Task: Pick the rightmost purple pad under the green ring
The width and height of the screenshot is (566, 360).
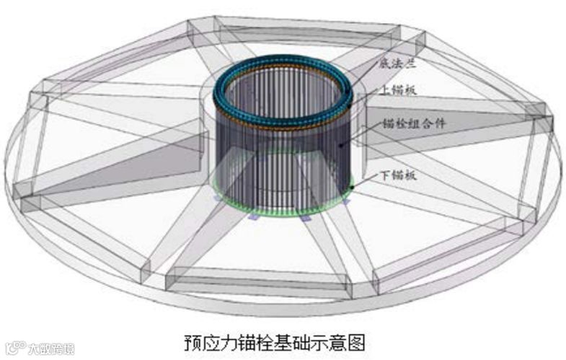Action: pyautogui.click(x=347, y=203)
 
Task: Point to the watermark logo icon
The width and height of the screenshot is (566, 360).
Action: pyautogui.click(x=12, y=349)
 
